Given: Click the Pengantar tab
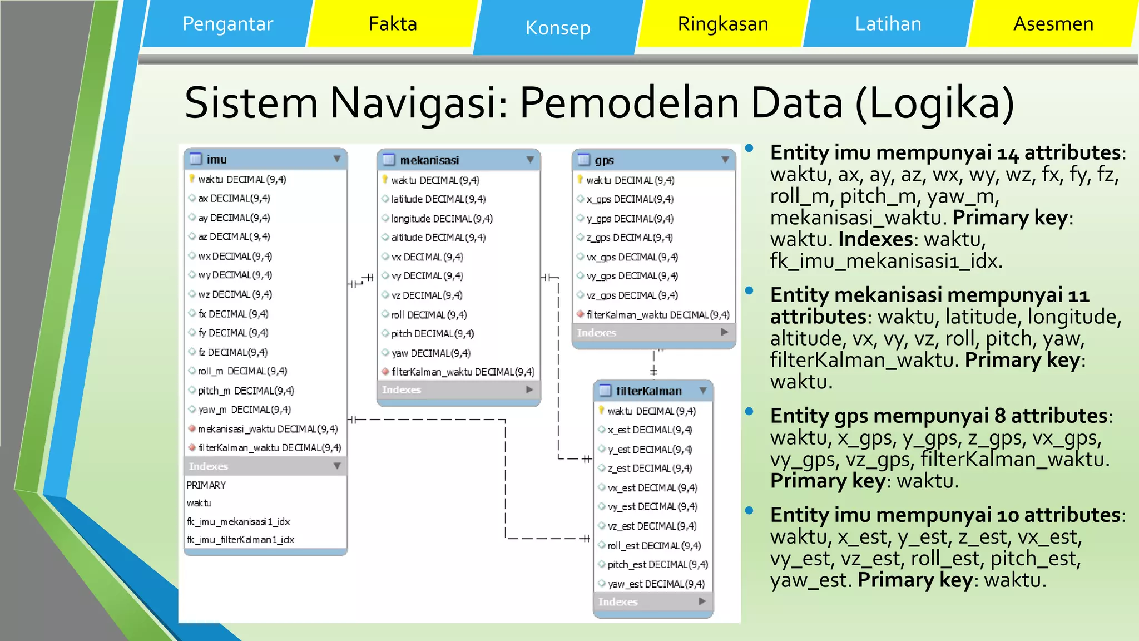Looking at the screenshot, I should coord(227,24).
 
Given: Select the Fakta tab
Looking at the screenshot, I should coord(393,24).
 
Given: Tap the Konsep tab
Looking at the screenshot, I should coord(558,28).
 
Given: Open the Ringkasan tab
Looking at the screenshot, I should coord(722,24).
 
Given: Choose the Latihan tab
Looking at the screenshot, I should coord(888,24).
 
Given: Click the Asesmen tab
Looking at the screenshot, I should coord(1053,24).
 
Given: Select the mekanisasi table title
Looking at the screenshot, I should coord(429,161).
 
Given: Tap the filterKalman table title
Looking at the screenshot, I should coord(648,391).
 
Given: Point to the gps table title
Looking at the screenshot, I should coord(604,161).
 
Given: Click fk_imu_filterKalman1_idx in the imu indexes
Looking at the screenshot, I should coord(240,540).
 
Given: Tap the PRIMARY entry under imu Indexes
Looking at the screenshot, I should coord(206,485).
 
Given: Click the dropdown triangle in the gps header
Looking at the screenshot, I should coord(725,160).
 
